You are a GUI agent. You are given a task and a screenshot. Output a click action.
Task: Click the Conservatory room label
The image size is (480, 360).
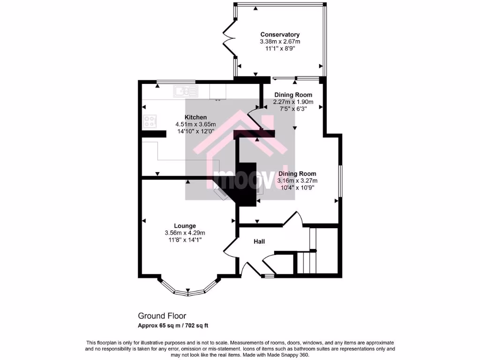[280, 35]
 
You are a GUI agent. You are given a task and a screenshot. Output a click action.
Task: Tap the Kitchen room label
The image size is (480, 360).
[195, 117]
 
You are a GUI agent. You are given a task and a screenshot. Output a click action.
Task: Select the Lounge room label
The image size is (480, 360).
[185, 225]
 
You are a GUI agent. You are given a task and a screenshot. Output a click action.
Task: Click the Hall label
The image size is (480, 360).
[259, 241]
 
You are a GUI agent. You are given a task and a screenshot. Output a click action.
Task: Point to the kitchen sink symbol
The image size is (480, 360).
[186, 90]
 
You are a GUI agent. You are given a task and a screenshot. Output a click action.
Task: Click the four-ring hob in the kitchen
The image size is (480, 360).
[150, 121]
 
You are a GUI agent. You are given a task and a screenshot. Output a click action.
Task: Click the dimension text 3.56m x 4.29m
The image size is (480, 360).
[185, 233]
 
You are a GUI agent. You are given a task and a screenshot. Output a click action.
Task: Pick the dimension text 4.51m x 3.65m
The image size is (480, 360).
[195, 124]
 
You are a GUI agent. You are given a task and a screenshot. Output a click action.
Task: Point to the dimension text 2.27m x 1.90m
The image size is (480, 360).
[293, 102]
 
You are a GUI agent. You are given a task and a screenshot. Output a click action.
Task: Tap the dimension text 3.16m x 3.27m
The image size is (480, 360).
[297, 180]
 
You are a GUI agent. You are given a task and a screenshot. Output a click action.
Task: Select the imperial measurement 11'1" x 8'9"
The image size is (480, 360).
[280, 48]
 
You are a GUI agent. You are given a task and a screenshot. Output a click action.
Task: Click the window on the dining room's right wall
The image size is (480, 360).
[340, 180]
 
